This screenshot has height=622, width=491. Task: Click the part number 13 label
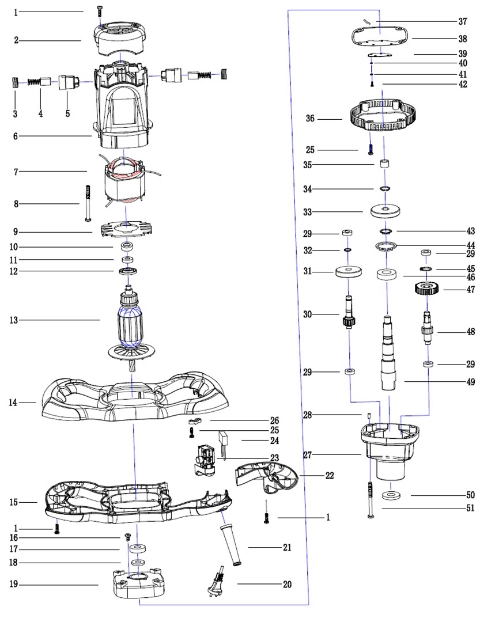(13, 320)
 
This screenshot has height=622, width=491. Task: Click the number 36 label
(310, 119)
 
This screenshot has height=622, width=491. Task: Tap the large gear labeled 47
(427, 287)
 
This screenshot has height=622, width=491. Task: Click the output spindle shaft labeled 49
(389, 351)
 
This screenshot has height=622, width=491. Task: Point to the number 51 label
(471, 508)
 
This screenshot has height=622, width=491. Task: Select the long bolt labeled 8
(88, 203)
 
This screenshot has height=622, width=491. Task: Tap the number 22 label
(330, 476)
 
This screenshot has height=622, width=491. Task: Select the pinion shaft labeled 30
(348, 314)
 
